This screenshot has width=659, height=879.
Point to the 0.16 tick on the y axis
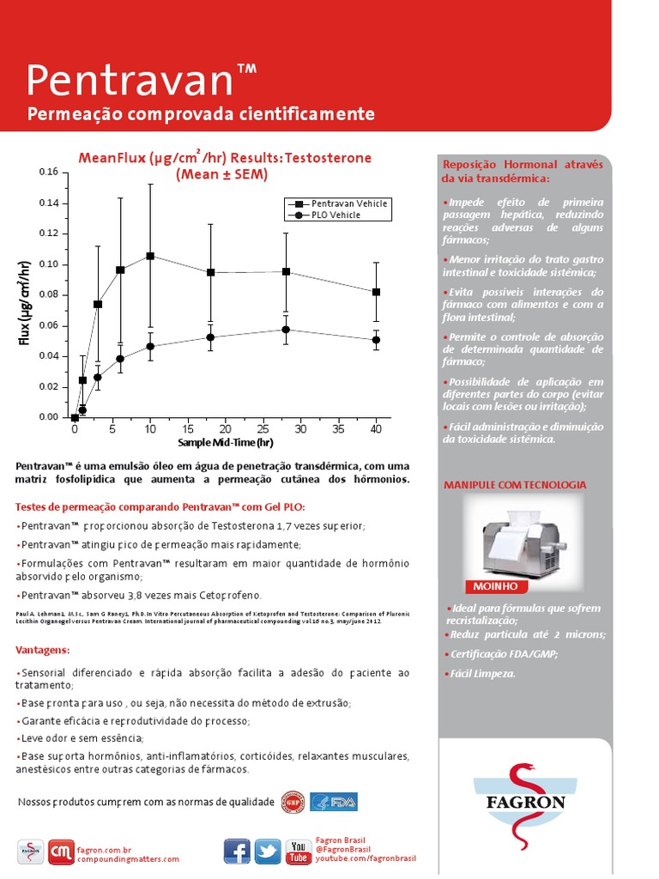tap(48, 173)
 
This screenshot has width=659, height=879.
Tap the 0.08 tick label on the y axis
tap(48, 295)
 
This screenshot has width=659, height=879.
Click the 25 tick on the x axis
tap(263, 427)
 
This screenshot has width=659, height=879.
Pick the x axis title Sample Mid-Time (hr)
tap(225, 443)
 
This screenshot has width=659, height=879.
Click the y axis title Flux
tap(24, 300)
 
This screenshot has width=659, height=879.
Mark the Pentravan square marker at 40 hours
tap(376, 292)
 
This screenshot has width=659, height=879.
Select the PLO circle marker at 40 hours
tap(376, 340)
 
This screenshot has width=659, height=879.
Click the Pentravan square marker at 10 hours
tap(150, 256)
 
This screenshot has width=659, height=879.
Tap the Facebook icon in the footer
tap(237, 851)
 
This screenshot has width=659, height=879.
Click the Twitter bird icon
tap(267, 851)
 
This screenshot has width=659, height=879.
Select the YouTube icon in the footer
tap(298, 851)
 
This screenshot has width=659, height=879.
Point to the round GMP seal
tap(293, 802)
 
